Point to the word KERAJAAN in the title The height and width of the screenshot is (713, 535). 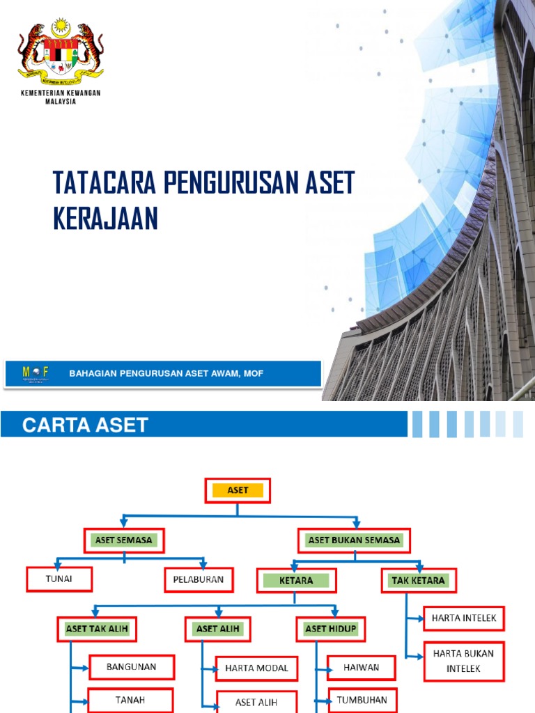[105, 219]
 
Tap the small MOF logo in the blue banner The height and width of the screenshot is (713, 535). [36, 373]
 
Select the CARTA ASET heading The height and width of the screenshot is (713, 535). [85, 425]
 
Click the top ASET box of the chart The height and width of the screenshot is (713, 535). [237, 491]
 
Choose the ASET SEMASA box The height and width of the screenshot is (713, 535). [124, 540]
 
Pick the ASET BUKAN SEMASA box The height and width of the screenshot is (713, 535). [354, 540]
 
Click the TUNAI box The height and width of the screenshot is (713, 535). [59, 579]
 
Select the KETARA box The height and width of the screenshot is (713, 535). [297, 580]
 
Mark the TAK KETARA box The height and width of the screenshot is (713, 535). [419, 580]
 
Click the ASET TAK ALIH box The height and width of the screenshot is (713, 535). [97, 629]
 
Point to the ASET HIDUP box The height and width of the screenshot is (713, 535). [330, 629]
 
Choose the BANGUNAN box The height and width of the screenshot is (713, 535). [131, 667]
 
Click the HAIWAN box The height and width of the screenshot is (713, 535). [361, 667]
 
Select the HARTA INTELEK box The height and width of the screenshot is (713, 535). [463, 617]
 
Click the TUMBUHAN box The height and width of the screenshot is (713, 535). [362, 699]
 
